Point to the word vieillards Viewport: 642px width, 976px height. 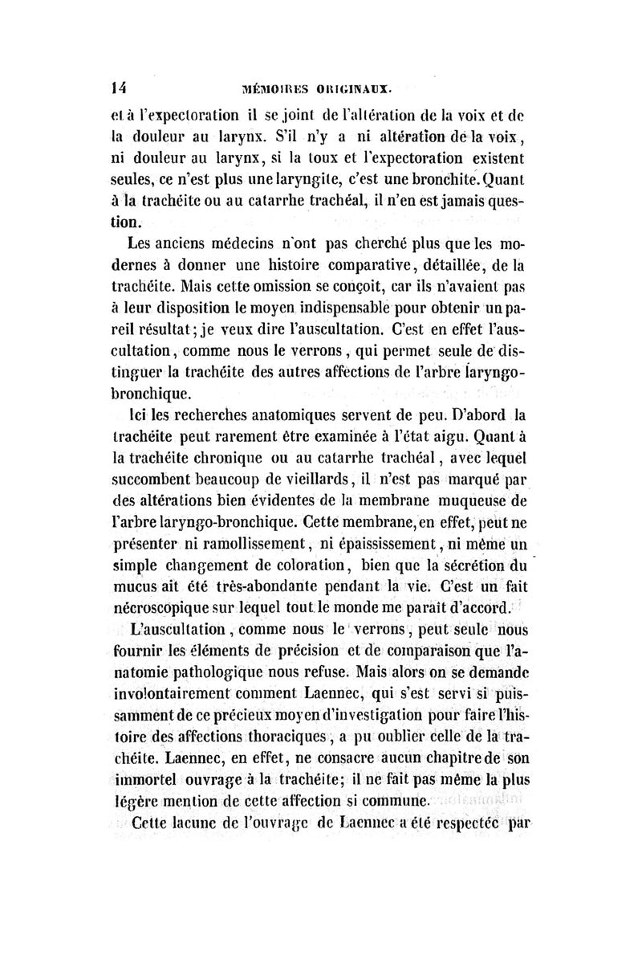(303, 480)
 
